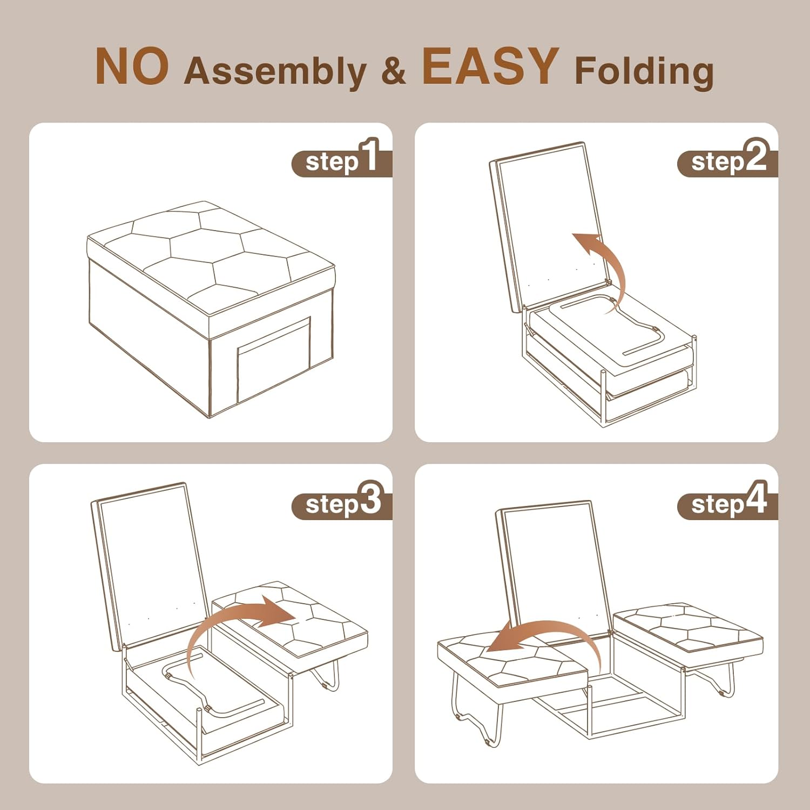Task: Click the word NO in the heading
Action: click(132, 66)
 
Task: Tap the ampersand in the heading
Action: click(393, 71)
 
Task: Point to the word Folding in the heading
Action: click(644, 71)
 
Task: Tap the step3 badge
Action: click(342, 501)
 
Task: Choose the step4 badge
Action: click(727, 501)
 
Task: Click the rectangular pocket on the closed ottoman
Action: click(274, 359)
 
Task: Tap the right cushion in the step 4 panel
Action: click(689, 631)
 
